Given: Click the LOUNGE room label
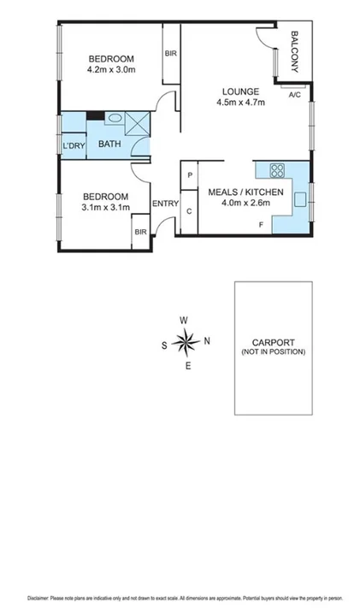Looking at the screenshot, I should pos(241,91).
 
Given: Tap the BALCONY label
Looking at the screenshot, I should pos(294,50).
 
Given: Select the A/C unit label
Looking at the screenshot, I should pos(295,93).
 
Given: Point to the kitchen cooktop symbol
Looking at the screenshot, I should pos(276,169).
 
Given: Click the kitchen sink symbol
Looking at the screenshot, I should pos(300,199).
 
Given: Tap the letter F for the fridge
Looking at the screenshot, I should pos(262,225).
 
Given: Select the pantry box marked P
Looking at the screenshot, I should pos(189,176).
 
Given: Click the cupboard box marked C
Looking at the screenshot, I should pos(189,210).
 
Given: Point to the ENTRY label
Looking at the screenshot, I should pos(165,204).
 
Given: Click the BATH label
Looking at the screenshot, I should pos(109,144).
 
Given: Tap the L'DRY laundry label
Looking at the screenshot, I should pos(74,145).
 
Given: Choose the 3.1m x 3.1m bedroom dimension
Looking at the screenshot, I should pos(105,207).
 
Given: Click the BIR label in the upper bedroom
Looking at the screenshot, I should pos(170,54).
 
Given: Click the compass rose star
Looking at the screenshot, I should pos(185,343).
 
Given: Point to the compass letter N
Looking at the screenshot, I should pos(206,341).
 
